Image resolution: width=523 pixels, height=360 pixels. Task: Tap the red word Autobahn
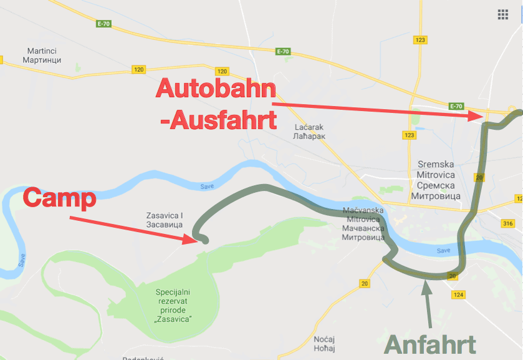216,89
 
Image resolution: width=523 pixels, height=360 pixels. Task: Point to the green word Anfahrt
430,344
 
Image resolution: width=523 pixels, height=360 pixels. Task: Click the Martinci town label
44,55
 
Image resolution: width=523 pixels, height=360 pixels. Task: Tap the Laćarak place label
310,131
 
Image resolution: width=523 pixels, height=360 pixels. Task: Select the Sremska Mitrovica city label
436,180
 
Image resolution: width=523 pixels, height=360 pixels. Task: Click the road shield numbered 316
507,224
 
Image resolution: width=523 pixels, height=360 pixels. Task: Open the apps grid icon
503,15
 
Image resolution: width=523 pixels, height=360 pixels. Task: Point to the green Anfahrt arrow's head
426,285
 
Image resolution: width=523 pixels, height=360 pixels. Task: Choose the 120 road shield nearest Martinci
139,70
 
